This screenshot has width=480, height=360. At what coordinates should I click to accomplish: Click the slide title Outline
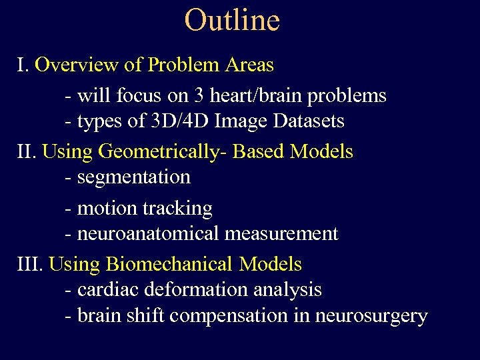[x=232, y=20]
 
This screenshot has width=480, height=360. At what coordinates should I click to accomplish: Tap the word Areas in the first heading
[x=249, y=65]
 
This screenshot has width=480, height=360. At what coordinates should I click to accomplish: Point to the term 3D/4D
[x=159, y=121]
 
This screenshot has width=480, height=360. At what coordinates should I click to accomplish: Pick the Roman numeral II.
[x=26, y=151]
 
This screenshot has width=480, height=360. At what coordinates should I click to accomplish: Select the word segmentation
[x=134, y=177]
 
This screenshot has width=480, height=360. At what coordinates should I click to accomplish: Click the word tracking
[x=178, y=209]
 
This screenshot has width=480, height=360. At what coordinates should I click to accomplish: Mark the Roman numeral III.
[x=29, y=264]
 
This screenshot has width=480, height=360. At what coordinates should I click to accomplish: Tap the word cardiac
[x=104, y=290]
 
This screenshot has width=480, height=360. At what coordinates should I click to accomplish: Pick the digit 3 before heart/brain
[x=199, y=96]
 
